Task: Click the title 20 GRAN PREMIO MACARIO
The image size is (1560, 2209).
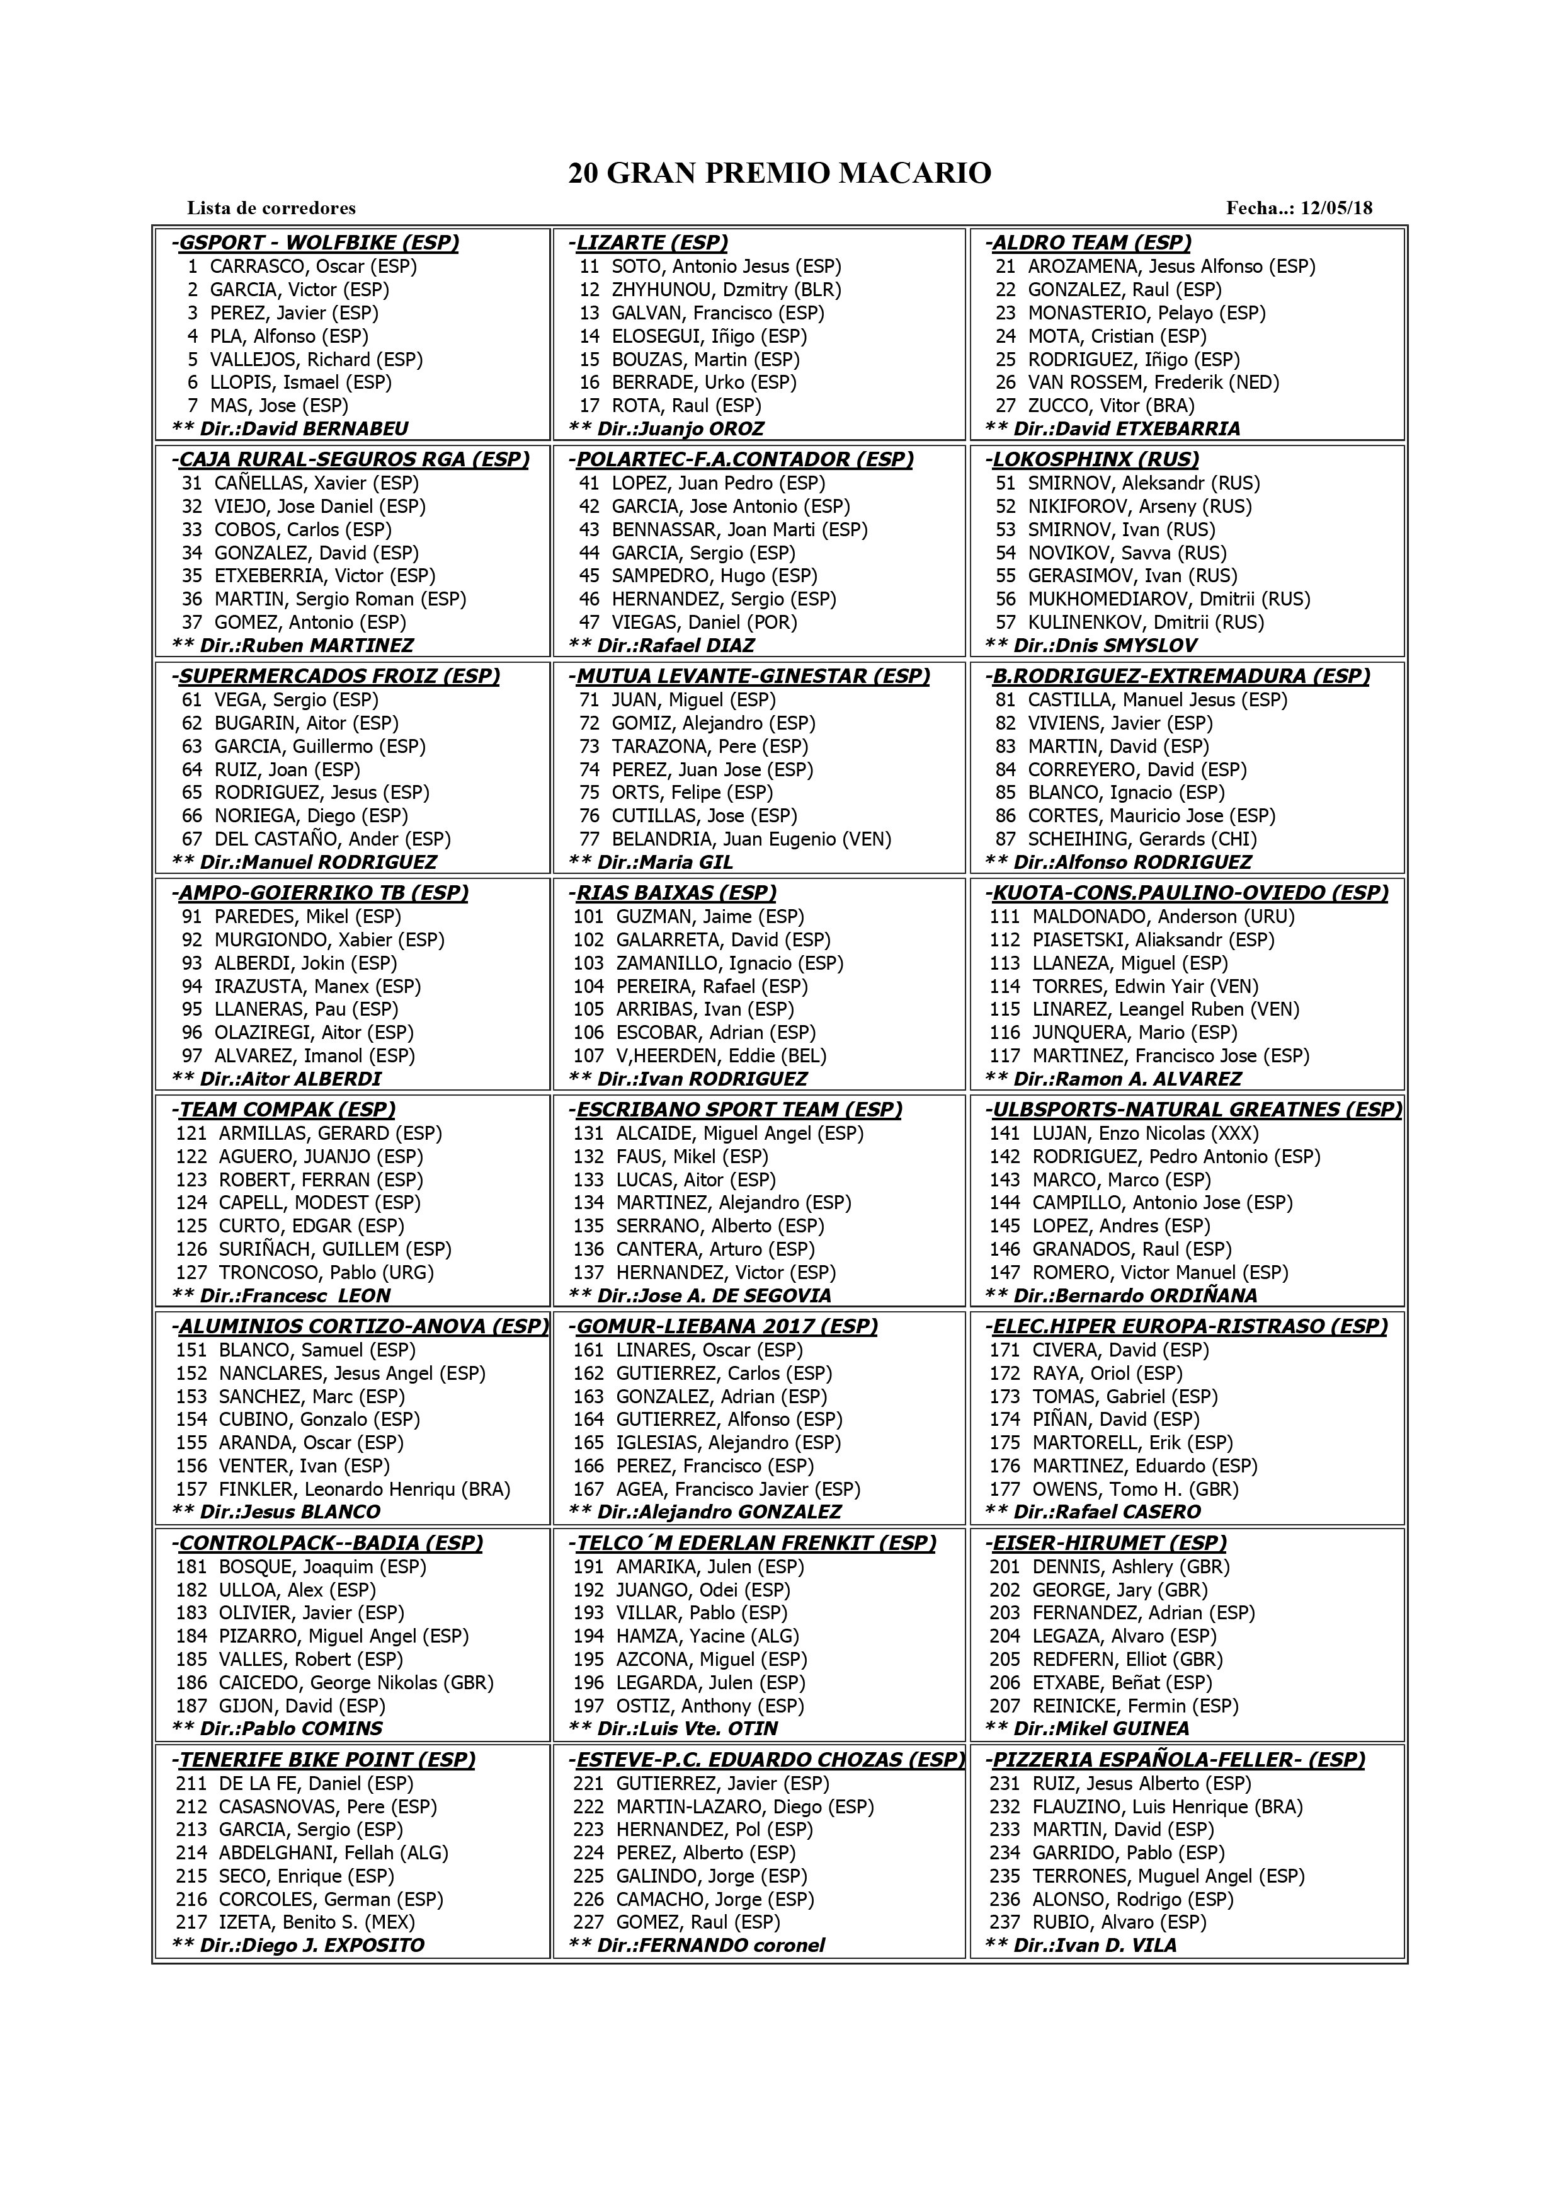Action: click(x=779, y=173)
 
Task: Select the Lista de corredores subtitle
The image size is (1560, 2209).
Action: click(x=271, y=208)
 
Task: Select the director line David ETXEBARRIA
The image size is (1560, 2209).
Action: click(x=1113, y=429)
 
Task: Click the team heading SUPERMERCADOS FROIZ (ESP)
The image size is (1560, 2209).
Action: click(x=336, y=675)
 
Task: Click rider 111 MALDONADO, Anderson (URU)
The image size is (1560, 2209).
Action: click(x=1142, y=917)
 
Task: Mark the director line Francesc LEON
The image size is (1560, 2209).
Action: click(x=281, y=1296)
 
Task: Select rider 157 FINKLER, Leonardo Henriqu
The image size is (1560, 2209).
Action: click(x=343, y=1489)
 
